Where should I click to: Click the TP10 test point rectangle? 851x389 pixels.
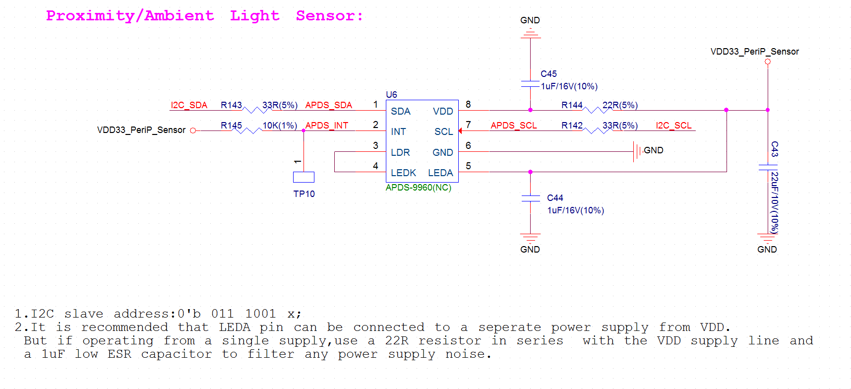point(304,177)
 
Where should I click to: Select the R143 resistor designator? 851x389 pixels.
point(231,105)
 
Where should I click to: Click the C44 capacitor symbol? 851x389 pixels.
point(530,198)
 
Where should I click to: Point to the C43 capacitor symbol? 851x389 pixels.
point(768,167)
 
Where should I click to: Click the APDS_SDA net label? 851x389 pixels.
point(328,105)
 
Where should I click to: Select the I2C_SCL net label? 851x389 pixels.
point(673,126)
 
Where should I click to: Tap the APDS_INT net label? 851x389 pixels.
point(326,126)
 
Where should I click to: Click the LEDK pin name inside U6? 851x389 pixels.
point(403,173)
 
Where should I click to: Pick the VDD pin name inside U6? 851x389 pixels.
point(443,111)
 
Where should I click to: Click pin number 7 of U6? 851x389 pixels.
point(468,125)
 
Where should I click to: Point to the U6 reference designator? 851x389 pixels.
point(391,95)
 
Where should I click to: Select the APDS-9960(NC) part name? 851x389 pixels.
point(419,188)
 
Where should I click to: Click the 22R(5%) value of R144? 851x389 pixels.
point(620,105)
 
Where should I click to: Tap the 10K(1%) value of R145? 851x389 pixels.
point(280,126)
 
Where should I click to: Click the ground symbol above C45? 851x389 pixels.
point(530,34)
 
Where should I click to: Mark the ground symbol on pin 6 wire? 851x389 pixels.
point(637,151)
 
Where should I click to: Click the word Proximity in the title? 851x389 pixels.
point(90,16)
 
